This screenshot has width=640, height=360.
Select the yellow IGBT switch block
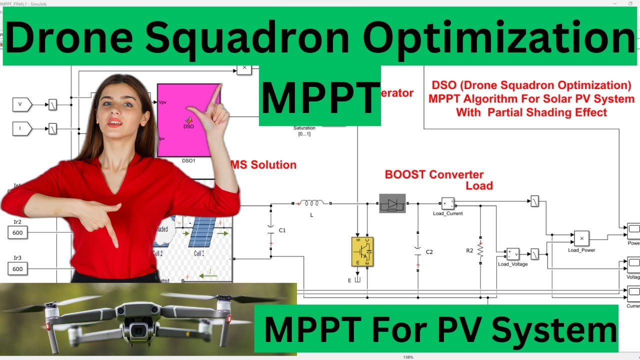[x=362, y=251]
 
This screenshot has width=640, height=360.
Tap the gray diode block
[x=392, y=203]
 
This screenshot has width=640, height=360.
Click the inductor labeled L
[x=312, y=203]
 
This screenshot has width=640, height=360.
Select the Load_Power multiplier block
[x=581, y=238]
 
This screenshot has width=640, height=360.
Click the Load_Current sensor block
[x=447, y=203]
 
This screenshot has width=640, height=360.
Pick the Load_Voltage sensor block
[x=512, y=254]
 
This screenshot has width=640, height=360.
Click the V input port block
[x=21, y=104]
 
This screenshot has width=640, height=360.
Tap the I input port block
[x=21, y=129]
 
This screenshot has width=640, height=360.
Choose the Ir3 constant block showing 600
[x=18, y=269]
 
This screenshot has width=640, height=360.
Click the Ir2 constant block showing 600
[x=18, y=232]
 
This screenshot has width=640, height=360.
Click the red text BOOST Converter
[x=434, y=175]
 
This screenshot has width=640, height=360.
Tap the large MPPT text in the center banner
[x=319, y=98]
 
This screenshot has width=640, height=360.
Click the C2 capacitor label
[x=429, y=252]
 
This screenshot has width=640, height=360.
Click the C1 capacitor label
[x=282, y=230]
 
